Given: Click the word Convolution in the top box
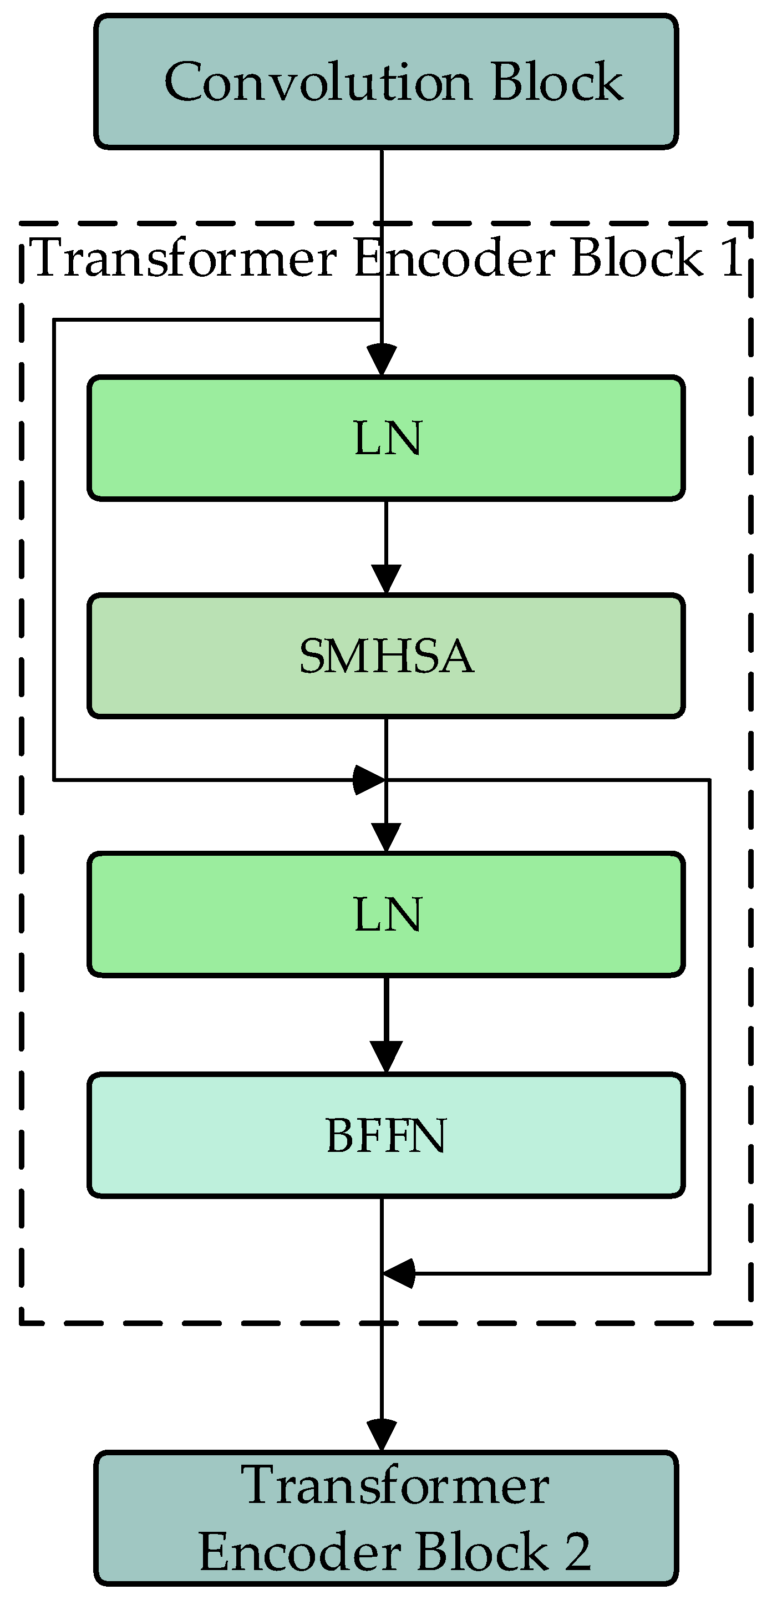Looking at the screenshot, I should point(318,82).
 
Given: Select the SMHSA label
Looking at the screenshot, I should point(387,656).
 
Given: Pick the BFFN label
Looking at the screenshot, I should point(387,1135).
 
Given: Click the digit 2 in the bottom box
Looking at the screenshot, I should point(577,1551).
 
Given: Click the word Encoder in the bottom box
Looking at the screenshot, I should point(299,1551).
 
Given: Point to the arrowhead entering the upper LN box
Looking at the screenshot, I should point(382,360).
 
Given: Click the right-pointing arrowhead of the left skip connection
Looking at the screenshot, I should point(369,779).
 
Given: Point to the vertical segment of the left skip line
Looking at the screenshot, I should point(55,548).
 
